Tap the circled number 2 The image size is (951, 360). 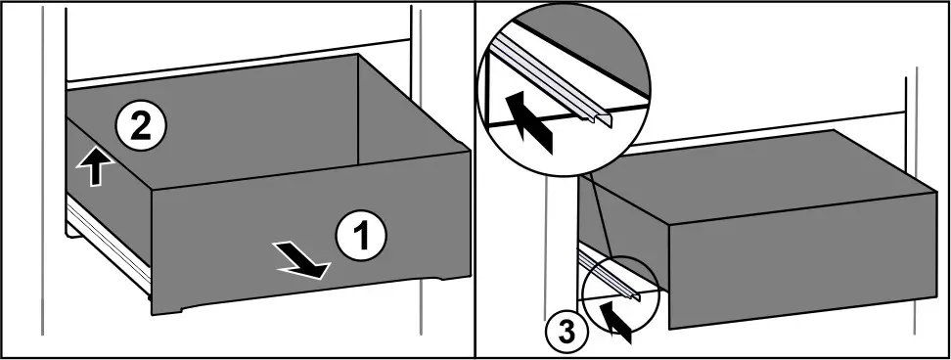(140, 126)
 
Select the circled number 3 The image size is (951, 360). (566, 334)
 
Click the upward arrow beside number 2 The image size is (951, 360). (95, 166)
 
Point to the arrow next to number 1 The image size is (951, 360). (300, 260)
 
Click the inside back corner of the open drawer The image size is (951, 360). (357, 163)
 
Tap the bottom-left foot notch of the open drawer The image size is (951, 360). (166, 311)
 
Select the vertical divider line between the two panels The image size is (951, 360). (475, 180)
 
